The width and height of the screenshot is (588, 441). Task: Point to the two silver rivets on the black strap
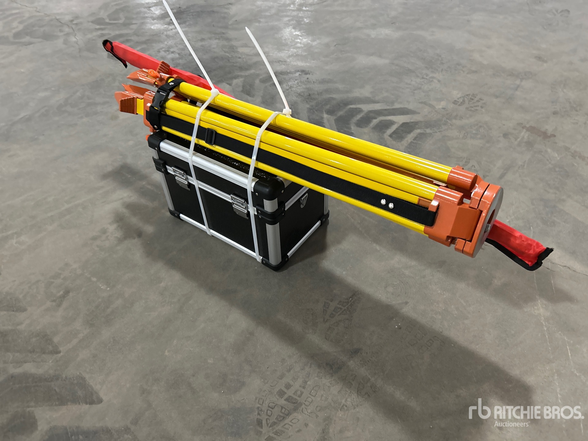386,203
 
